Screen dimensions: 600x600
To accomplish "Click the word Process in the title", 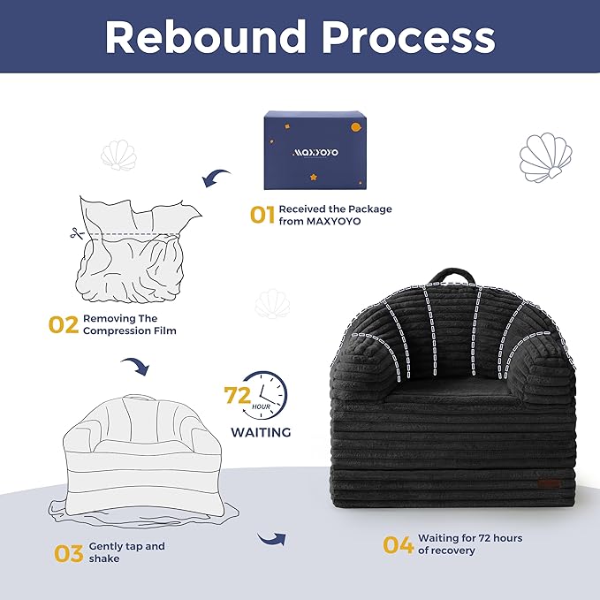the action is tap(408, 37).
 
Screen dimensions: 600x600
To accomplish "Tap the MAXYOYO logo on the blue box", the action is tap(315, 152).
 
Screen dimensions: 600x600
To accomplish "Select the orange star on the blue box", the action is tap(314, 177).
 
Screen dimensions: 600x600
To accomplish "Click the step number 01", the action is tap(262, 215).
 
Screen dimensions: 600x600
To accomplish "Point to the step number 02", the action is tap(64, 325).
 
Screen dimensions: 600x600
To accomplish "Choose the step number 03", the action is tap(69, 553).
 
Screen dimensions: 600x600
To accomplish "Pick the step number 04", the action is tap(399, 544).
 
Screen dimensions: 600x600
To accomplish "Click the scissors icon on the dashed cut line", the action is tap(77, 233).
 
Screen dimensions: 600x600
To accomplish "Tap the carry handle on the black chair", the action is tap(452, 275).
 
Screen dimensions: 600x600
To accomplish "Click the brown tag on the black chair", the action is tap(549, 483).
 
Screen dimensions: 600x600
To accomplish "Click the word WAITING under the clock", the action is tap(261, 432).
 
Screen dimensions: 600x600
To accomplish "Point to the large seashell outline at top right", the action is tap(546, 157).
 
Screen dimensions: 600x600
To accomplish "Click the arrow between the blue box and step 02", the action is tap(216, 178).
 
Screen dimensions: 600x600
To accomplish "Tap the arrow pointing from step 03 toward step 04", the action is tap(272, 538).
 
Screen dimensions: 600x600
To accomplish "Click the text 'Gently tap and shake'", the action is tap(126, 552).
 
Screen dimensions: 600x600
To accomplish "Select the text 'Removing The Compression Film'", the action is tap(130, 324).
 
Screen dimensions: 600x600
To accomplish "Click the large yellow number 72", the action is tap(237, 395).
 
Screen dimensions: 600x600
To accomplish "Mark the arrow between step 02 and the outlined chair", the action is tap(135, 366).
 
